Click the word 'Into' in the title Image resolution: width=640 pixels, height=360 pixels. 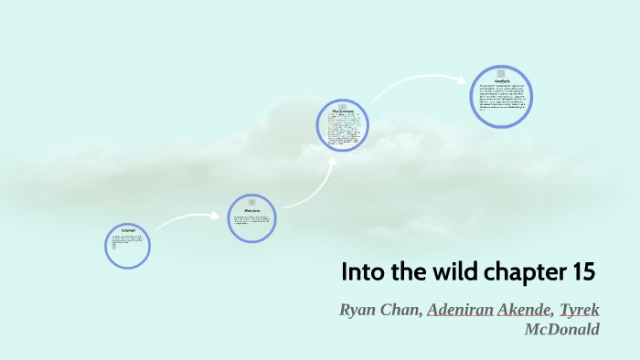click(x=361, y=272)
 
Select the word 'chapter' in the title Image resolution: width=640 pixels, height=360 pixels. click(x=515, y=273)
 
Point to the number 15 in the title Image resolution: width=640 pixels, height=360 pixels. click(x=582, y=272)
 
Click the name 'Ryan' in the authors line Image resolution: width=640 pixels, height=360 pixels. click(x=359, y=310)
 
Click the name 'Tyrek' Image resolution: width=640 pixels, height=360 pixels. click(x=580, y=310)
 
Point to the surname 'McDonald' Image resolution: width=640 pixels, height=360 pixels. click(x=562, y=329)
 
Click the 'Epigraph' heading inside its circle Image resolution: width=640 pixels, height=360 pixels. click(x=127, y=231)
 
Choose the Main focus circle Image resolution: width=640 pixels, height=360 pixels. click(x=252, y=217)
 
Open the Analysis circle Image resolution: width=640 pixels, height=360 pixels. click(x=502, y=96)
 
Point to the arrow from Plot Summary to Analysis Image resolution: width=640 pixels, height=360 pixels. click(x=416, y=87)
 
